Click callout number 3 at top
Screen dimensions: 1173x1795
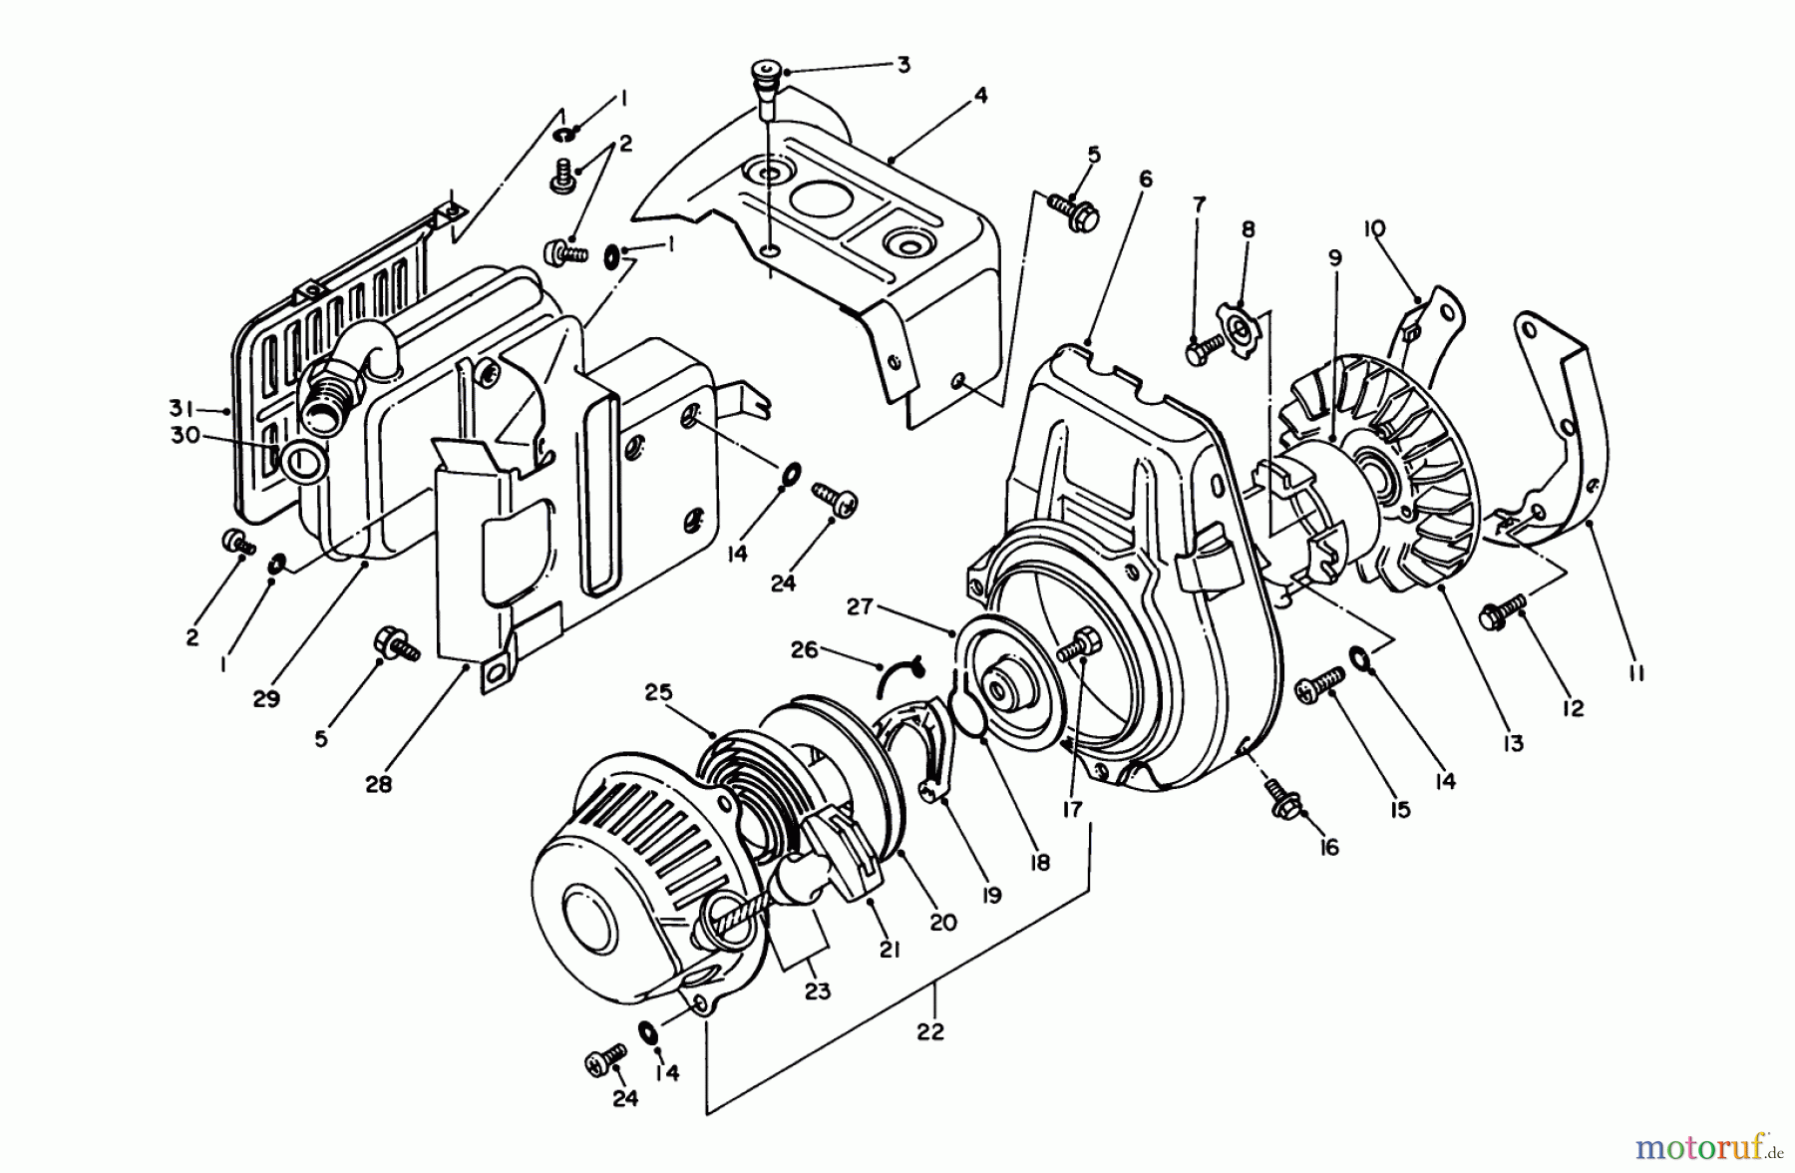(x=902, y=66)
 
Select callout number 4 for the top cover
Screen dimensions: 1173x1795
(x=981, y=96)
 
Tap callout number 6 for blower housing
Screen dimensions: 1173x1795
(x=1145, y=179)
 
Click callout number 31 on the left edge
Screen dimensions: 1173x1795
(x=180, y=408)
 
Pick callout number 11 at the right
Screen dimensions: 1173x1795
(x=1635, y=673)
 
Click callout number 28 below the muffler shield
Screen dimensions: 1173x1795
(x=377, y=784)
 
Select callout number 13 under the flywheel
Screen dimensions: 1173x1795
(x=1514, y=742)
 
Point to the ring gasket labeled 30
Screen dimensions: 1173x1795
(x=302, y=462)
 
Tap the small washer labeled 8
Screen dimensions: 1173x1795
(x=1236, y=321)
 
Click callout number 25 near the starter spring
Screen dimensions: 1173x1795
(x=658, y=692)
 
